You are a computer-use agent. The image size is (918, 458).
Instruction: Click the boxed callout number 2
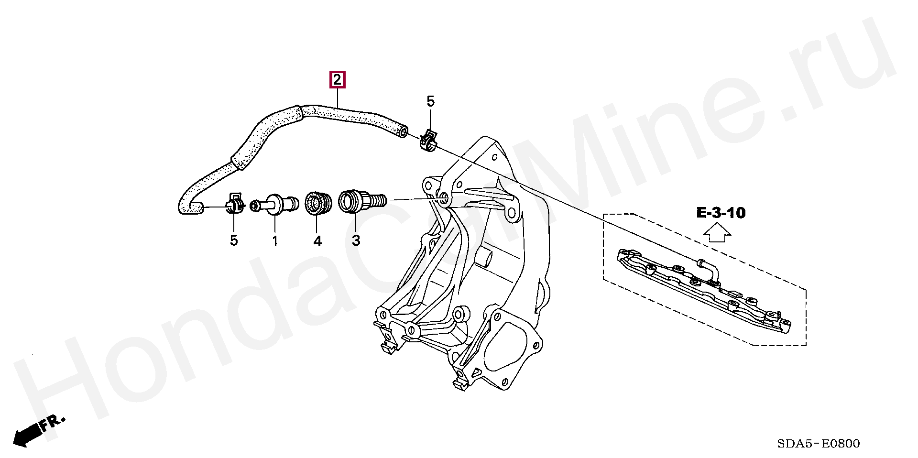[337, 80]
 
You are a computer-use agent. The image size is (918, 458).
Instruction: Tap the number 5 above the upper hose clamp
[430, 101]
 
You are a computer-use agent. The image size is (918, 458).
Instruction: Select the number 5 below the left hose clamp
[234, 240]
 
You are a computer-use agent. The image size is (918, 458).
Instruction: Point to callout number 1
[275, 241]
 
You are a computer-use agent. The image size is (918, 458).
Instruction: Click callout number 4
[317, 241]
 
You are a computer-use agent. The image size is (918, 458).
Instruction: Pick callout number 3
[356, 240]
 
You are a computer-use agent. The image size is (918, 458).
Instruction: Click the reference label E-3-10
[721, 213]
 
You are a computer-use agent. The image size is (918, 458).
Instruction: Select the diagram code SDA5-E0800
[818, 444]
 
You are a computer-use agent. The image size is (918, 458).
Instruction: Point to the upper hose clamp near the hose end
[428, 140]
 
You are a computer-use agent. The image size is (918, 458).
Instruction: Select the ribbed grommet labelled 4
[317, 203]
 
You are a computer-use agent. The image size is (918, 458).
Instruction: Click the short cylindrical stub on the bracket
[484, 258]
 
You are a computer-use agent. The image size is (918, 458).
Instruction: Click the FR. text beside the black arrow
[52, 422]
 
